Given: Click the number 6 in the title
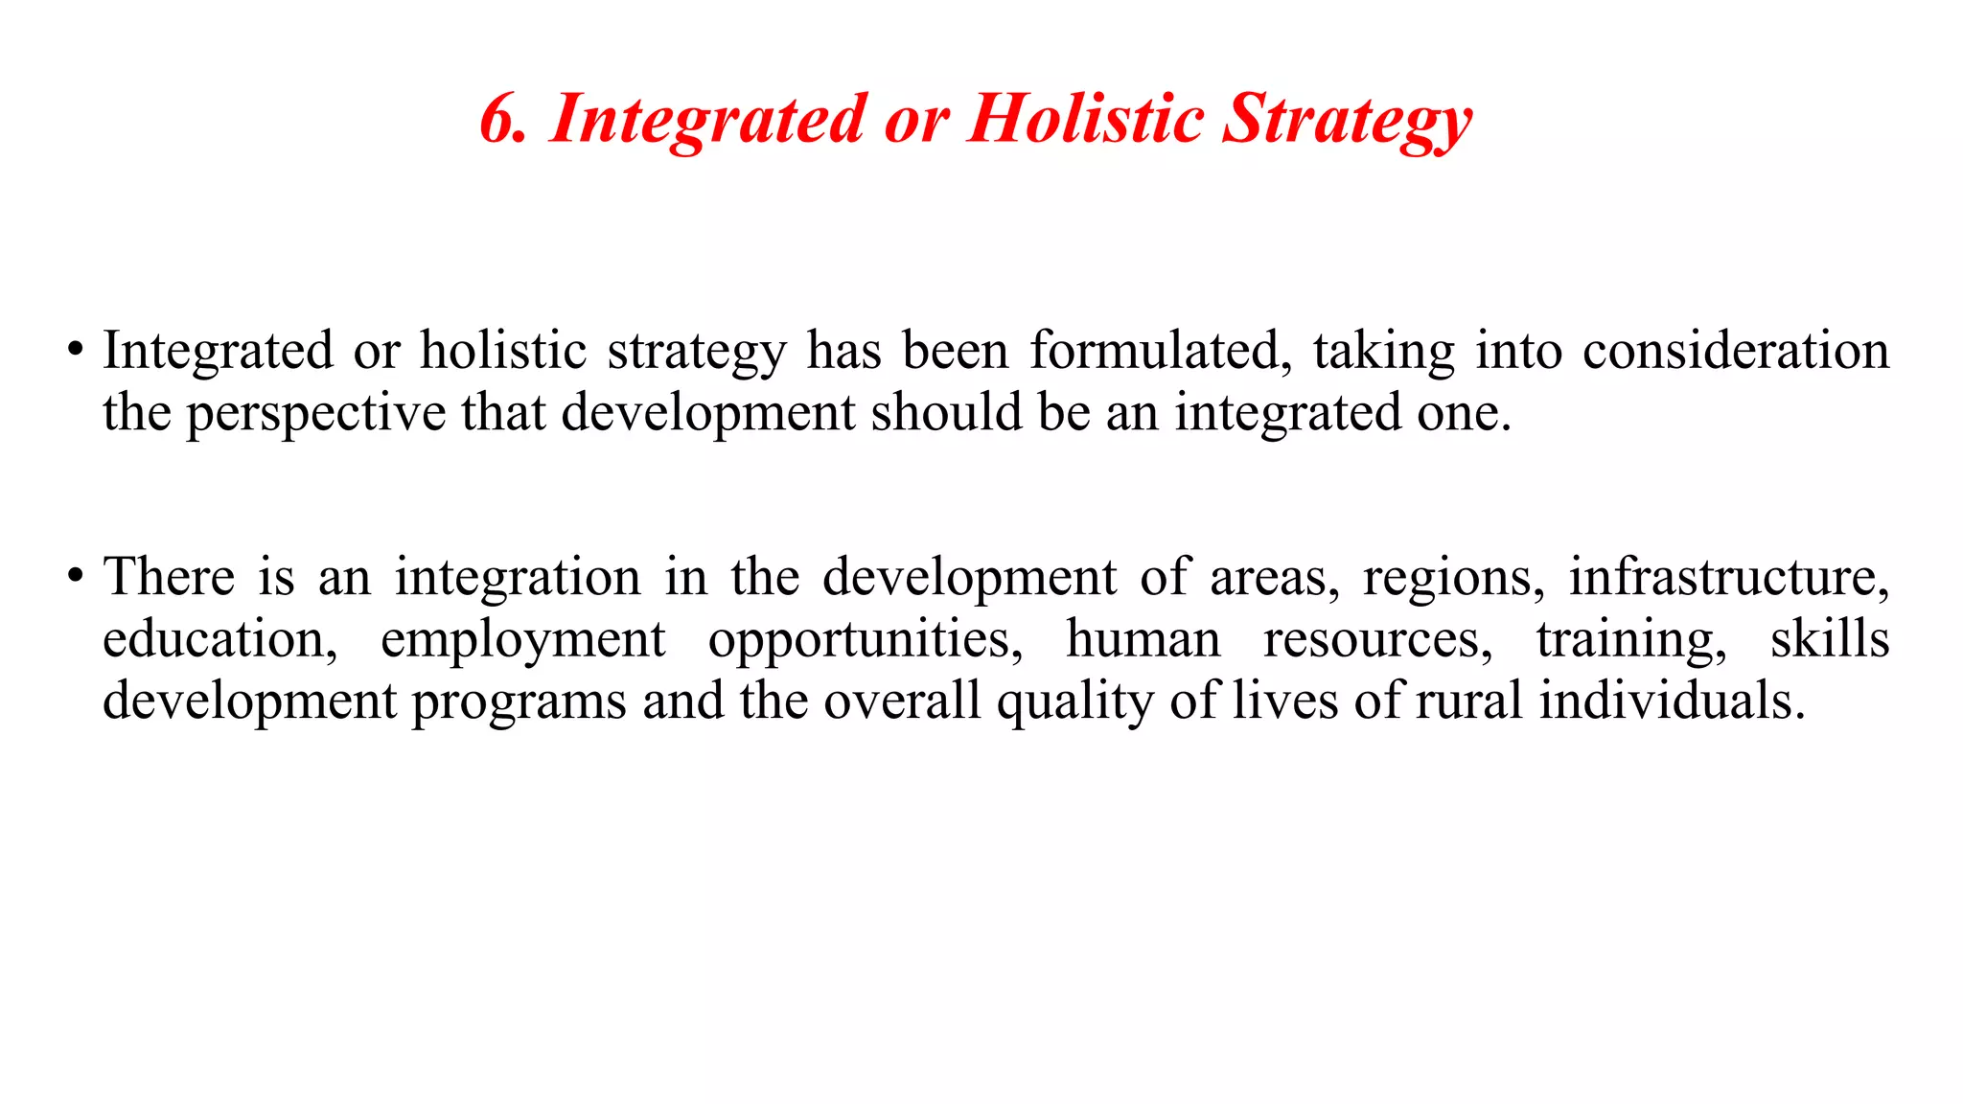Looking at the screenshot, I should (499, 120).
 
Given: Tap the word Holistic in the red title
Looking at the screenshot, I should (1085, 120).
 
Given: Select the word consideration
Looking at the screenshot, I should (1735, 350).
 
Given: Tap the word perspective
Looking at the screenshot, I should (315, 414).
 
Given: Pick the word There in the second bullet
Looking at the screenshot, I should (169, 576).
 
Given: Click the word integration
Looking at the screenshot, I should (518, 578).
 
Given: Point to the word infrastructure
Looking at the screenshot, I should (1728, 576).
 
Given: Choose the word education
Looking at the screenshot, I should (219, 639).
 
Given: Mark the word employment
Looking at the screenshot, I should (522, 640).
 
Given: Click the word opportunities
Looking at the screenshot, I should (866, 640).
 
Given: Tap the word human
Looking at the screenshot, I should (1143, 639).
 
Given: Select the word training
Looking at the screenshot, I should (1631, 640).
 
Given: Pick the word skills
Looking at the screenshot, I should (1829, 639).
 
